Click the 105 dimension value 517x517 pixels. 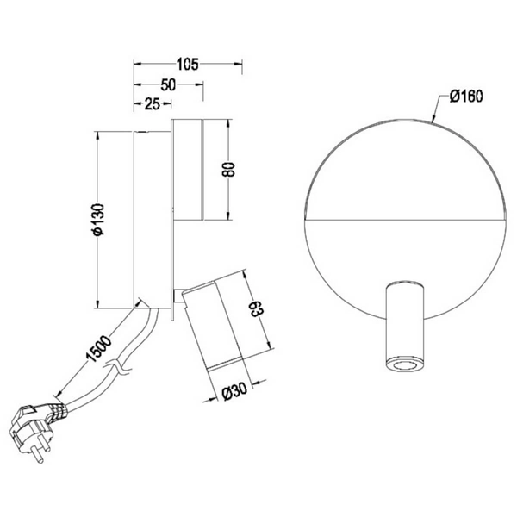pyautogui.click(x=188, y=63)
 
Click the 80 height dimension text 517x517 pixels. pyautogui.click(x=228, y=168)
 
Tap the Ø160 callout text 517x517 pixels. pyautogui.click(x=464, y=97)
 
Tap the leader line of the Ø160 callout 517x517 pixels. pyautogui.click(x=439, y=111)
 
